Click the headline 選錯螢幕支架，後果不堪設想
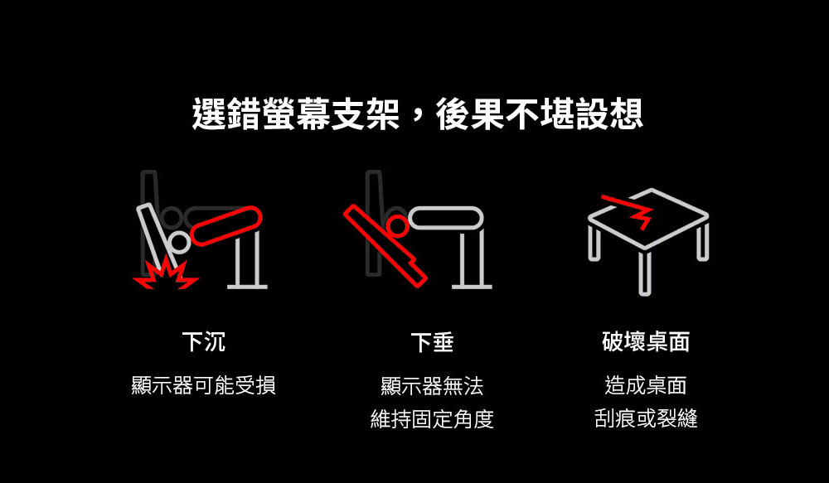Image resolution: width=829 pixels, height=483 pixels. coord(417,114)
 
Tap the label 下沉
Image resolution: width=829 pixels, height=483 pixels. coord(204,342)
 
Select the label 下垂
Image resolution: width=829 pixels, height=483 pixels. coord(432,342)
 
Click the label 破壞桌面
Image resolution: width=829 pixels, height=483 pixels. coord(646,342)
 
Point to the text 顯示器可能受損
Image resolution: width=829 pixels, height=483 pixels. coord(204,385)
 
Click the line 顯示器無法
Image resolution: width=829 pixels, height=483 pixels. coord(432,386)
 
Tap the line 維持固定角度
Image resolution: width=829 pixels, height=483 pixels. coord(432,419)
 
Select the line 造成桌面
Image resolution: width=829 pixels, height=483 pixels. coord(646,385)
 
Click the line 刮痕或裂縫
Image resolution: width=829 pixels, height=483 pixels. coord(646,418)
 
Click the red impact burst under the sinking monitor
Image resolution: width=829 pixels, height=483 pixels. coord(166,273)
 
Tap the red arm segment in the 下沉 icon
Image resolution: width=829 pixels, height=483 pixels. coord(225,226)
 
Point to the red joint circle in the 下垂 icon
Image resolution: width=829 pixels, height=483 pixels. coord(397,225)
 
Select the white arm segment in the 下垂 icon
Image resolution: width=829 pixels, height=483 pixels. coord(446,218)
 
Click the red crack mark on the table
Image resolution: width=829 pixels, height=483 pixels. coord(630,210)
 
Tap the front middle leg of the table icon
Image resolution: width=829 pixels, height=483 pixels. coord(644,273)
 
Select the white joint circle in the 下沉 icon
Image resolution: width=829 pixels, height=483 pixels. coord(179,242)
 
